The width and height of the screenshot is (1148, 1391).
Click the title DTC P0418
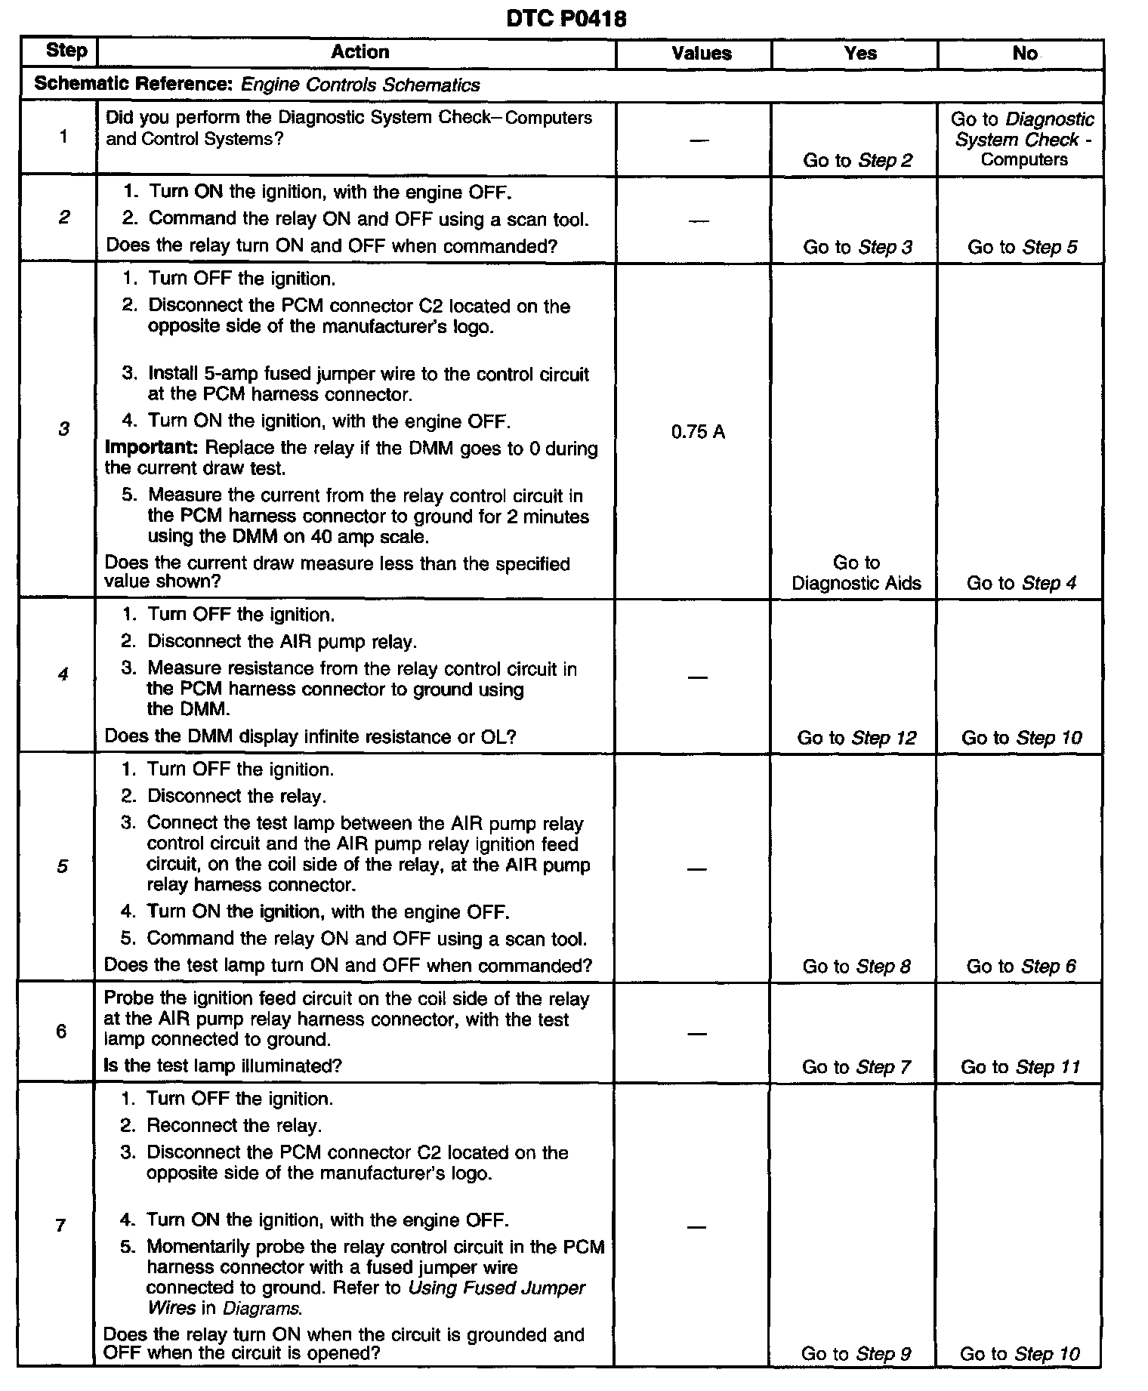pyautogui.click(x=566, y=19)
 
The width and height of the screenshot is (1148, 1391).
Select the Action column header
pyautogui.click(x=360, y=52)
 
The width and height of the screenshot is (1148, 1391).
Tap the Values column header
pyautogui.click(x=701, y=53)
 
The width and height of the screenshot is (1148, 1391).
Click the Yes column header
pyautogui.click(x=860, y=53)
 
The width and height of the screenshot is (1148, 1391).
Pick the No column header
pyautogui.click(x=1024, y=53)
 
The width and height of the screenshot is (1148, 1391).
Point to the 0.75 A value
pyautogui.click(x=697, y=432)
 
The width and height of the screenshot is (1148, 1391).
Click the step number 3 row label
pyautogui.click(x=63, y=429)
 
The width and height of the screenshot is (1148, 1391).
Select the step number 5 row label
pyautogui.click(x=62, y=866)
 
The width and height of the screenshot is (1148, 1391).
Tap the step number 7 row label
pyautogui.click(x=60, y=1225)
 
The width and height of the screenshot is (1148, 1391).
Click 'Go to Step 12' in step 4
pyautogui.click(x=856, y=738)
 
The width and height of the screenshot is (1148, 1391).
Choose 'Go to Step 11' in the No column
pyautogui.click(x=1020, y=1067)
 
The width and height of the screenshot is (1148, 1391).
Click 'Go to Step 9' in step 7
pyautogui.click(x=856, y=1354)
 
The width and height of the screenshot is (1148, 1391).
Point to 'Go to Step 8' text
pyautogui.click(x=856, y=966)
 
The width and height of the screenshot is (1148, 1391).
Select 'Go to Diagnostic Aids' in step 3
pyautogui.click(x=856, y=572)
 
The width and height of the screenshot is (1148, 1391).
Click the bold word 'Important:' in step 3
pyautogui.click(x=152, y=448)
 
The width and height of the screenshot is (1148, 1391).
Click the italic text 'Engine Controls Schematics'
pyautogui.click(x=360, y=85)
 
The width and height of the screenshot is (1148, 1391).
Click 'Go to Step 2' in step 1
pyautogui.click(x=857, y=160)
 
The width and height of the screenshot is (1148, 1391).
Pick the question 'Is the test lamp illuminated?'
pyautogui.click(x=223, y=1066)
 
